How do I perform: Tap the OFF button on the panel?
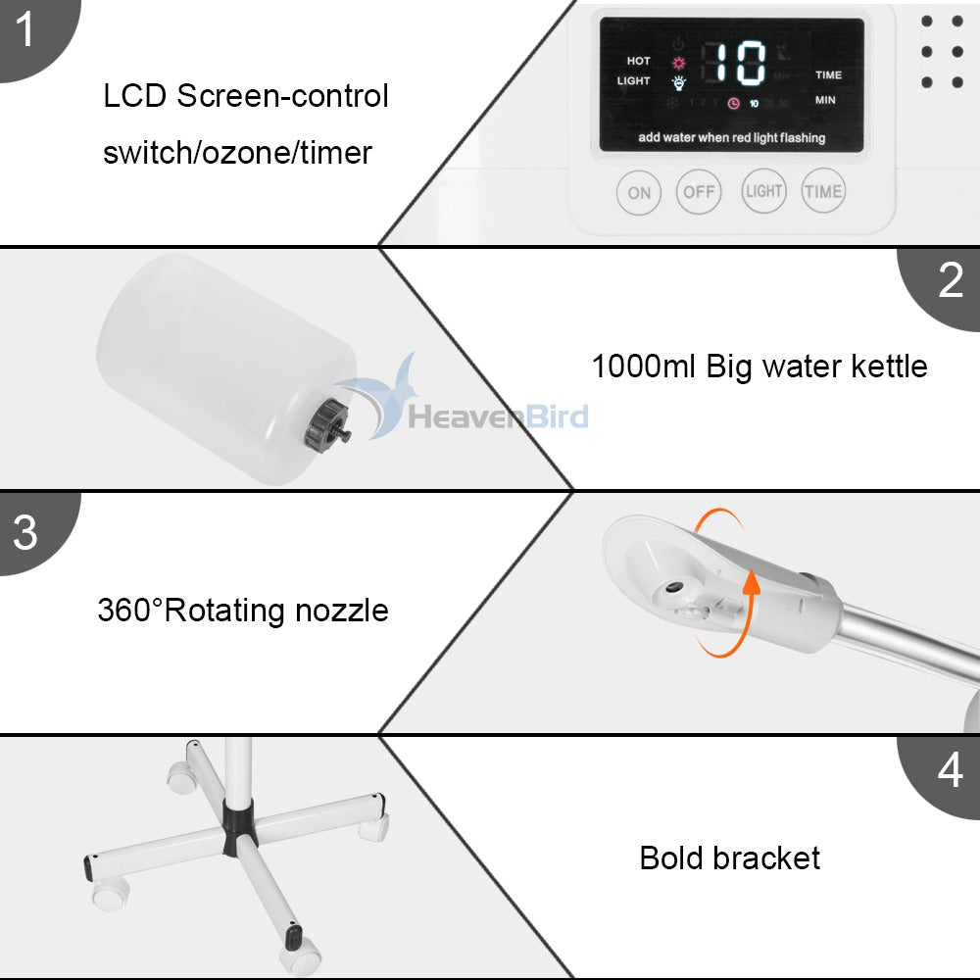[699, 192]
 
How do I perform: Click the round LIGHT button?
[763, 191]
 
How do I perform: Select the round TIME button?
[823, 191]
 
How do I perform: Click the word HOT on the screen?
[638, 61]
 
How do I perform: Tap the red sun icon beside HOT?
[677, 62]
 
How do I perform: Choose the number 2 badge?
[950, 281]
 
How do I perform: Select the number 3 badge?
[24, 532]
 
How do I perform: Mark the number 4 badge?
[950, 771]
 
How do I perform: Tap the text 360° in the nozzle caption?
[130, 611]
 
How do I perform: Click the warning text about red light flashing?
[731, 138]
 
